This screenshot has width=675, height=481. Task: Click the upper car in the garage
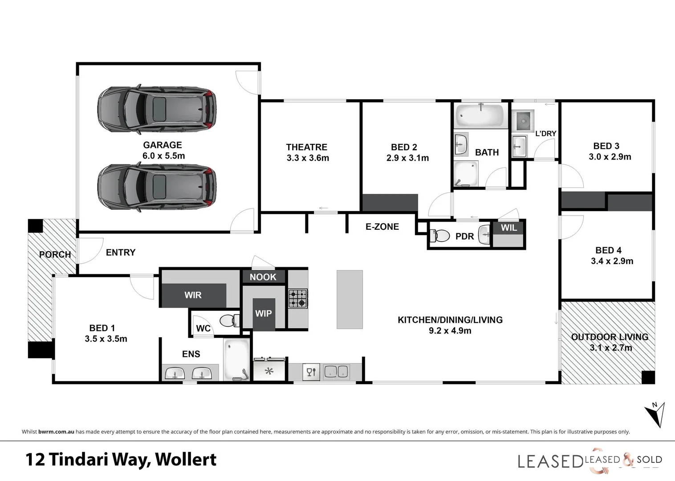157,109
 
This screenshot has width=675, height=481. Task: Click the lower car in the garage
157,187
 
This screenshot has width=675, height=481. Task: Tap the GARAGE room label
163,145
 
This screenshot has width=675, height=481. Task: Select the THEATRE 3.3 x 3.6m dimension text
308,158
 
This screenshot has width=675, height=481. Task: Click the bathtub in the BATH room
480,115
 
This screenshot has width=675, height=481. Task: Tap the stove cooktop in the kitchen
297,298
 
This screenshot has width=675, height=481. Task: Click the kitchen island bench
350,299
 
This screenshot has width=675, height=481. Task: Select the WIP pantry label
263,314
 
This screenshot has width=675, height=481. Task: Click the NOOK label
263,277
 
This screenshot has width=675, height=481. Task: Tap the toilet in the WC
229,320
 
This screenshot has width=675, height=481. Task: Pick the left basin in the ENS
175,373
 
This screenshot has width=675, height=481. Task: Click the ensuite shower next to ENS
236,360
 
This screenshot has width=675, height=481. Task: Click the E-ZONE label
382,227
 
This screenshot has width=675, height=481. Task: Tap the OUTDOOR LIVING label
610,337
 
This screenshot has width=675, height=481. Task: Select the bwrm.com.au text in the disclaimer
56,432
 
